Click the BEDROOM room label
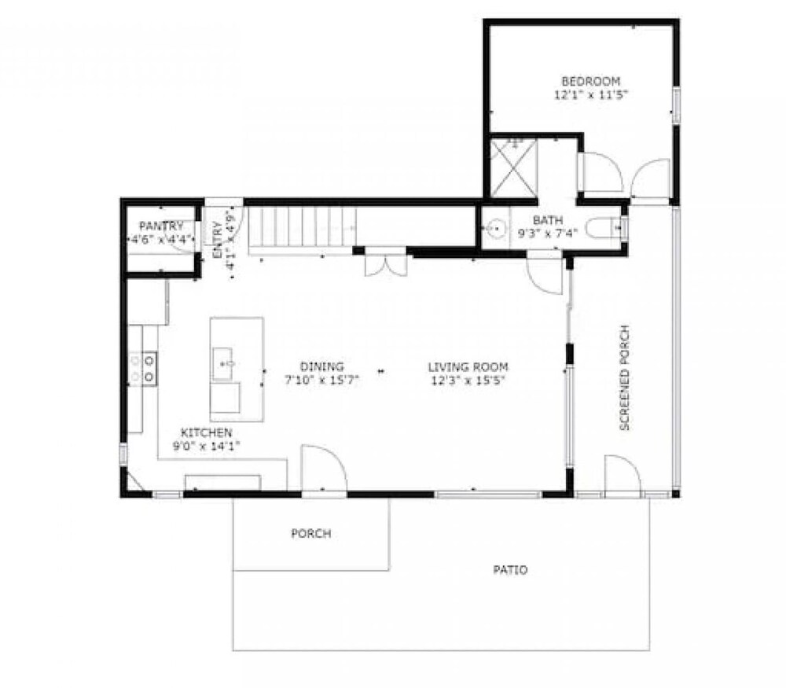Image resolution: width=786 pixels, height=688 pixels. (x=591, y=81)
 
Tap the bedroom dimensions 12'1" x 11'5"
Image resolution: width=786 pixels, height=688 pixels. (x=591, y=95)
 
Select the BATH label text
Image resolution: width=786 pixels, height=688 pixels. (x=548, y=220)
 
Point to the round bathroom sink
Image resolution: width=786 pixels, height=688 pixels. (x=495, y=228)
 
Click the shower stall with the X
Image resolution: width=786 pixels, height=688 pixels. (x=512, y=168)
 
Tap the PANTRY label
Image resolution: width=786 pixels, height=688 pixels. (x=161, y=226)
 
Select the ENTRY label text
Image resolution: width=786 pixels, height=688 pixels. (x=218, y=240)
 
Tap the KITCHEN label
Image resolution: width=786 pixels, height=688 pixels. (x=207, y=432)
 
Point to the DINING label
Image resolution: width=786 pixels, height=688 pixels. (x=321, y=366)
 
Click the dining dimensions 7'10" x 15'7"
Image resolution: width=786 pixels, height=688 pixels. (x=321, y=380)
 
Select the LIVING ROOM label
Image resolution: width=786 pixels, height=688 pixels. (x=468, y=367)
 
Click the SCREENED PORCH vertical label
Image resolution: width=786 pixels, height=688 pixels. (x=625, y=377)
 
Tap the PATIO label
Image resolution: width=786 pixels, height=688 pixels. (x=510, y=570)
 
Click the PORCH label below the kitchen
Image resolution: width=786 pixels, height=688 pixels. (x=310, y=534)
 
